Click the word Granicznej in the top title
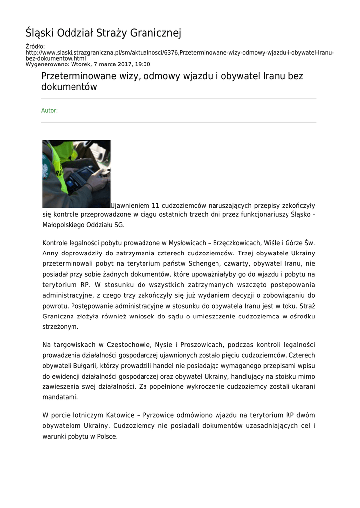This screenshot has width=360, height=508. coord(155,33)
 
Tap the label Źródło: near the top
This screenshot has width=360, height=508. coord(35,47)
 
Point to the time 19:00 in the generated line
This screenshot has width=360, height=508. coord(143,64)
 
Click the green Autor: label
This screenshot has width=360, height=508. coord(49,111)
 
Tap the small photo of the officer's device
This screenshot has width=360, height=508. coord(76,174)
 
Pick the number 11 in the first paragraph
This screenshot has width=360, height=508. coord(157,205)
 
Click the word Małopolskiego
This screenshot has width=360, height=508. coord(64,225)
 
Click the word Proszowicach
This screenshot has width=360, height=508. coord(207,345)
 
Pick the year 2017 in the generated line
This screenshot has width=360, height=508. coord(121,64)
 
